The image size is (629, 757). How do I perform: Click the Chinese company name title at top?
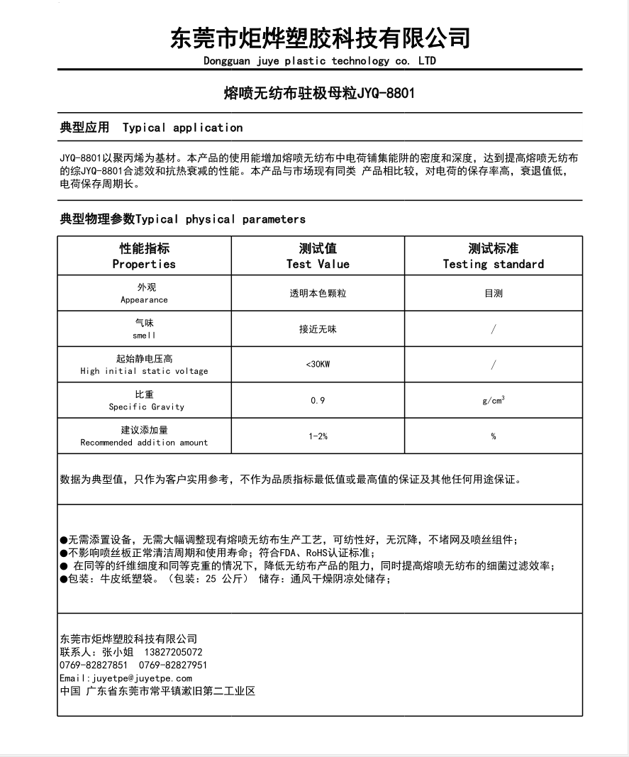320,37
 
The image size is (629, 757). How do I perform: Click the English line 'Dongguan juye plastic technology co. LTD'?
320,61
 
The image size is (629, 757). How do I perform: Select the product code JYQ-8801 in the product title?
386,93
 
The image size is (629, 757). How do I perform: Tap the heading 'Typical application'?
182,128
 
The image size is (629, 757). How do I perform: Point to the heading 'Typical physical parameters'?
221,219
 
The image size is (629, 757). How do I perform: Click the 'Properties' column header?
144,264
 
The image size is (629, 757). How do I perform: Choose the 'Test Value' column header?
318,264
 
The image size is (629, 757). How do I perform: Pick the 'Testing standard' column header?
494,264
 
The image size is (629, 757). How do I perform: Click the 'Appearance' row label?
144,300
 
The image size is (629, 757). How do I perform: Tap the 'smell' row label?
144,335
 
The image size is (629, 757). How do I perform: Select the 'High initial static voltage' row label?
144,371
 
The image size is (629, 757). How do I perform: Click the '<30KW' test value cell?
318,365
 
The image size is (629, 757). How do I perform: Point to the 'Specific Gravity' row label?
146,407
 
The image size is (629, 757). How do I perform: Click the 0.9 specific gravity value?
318,401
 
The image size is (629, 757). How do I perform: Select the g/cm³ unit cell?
494,401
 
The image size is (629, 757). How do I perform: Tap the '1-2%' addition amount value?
318,436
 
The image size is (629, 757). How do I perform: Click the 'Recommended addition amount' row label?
144,443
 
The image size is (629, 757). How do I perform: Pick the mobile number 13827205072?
174,652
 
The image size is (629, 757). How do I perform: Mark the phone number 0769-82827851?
94,665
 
